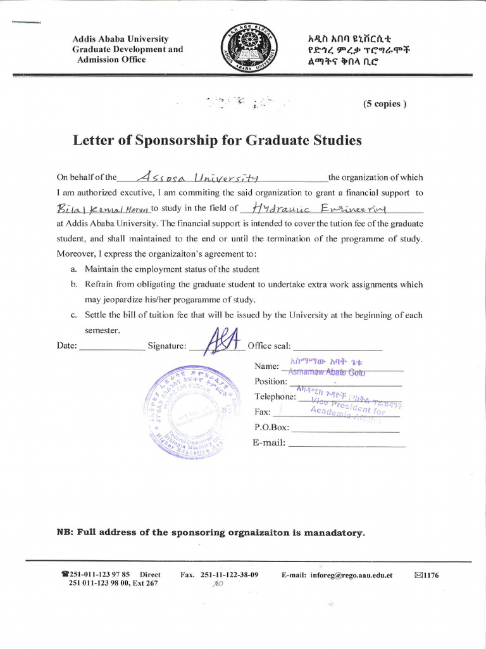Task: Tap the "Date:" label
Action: coord(67,346)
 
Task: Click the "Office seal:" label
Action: coord(269,346)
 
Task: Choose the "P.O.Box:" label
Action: coord(271,427)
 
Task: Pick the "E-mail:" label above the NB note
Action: coord(269,442)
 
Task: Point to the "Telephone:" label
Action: coord(275,397)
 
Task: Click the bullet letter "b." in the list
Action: coord(74,285)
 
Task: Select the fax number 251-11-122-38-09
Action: coord(228,575)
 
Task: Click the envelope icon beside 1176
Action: coord(418,575)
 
